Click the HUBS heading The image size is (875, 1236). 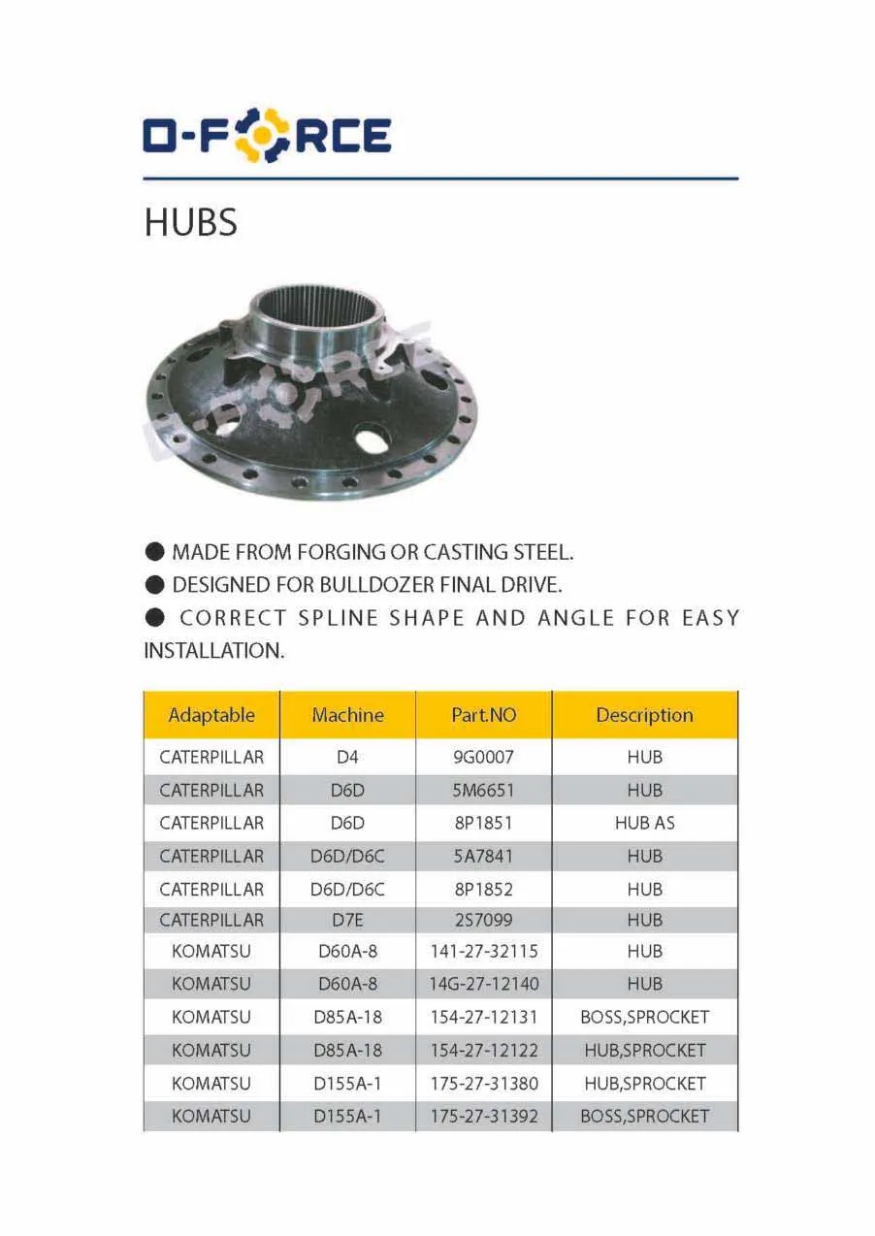click(190, 223)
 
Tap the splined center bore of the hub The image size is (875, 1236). click(315, 311)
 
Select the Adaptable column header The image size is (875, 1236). click(211, 716)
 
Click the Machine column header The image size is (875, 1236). click(347, 716)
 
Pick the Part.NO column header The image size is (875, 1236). click(484, 716)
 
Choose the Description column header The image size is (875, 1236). click(644, 716)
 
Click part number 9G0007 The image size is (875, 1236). click(484, 758)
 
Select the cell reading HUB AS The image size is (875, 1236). click(644, 824)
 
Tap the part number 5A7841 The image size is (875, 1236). click(484, 857)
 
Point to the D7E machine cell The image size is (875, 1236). click(347, 920)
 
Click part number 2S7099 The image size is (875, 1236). click(484, 920)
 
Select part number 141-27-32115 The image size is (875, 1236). click(484, 952)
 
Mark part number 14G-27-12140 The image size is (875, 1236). click(484, 984)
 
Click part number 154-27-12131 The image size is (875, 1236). click(484, 1018)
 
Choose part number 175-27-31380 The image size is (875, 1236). click(484, 1084)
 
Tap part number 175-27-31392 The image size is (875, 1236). click(484, 1117)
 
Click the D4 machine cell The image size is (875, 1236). click(347, 758)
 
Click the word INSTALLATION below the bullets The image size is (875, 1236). click(213, 651)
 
